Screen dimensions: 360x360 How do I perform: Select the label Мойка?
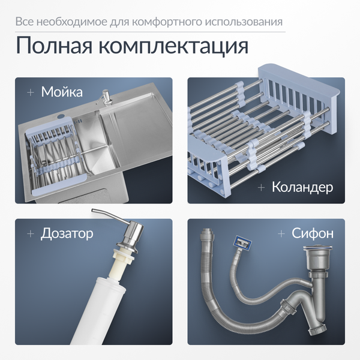[61, 92]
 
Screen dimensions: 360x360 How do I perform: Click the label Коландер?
[302, 187]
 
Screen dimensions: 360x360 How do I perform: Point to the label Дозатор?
[67, 233]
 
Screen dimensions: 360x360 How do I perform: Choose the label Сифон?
[313, 233]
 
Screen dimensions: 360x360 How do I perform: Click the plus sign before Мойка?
[30, 92]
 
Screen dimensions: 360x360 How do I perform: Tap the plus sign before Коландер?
[261, 187]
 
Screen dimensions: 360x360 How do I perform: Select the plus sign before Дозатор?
[29, 233]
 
